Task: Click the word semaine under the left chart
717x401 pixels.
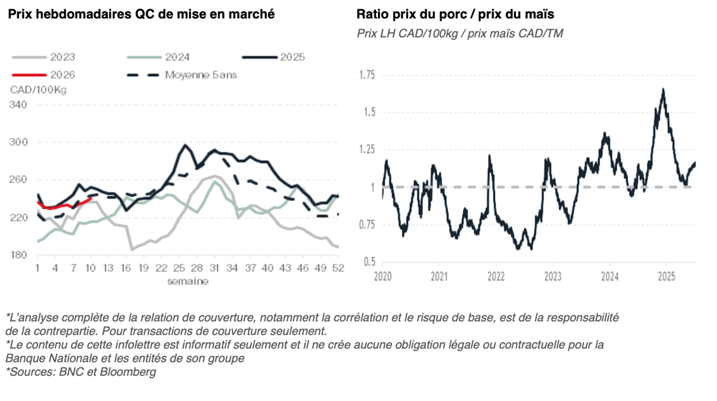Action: [188, 281]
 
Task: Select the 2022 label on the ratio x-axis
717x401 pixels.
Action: [496, 276]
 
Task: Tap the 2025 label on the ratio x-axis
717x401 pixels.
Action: [666, 276]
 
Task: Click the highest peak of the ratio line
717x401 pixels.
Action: [662, 89]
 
